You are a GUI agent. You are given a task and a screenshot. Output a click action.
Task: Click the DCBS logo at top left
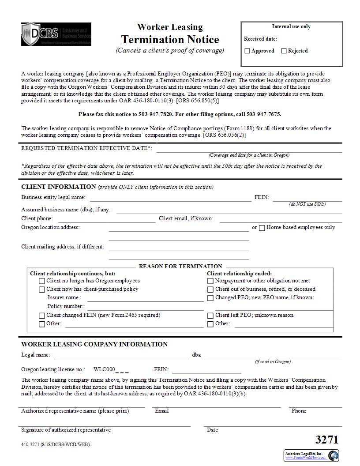click(x=56, y=34)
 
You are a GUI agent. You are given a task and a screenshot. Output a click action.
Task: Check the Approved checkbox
click(x=247, y=51)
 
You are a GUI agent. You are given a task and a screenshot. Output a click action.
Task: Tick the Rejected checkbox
click(x=284, y=51)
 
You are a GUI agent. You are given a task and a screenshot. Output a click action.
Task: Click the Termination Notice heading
click(x=170, y=40)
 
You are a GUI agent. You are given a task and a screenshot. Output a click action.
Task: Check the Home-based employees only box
click(x=262, y=228)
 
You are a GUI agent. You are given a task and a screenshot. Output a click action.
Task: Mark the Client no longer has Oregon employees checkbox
click(x=42, y=281)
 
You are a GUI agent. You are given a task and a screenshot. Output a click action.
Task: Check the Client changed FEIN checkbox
click(x=42, y=316)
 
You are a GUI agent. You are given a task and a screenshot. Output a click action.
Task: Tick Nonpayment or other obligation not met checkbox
click(x=210, y=281)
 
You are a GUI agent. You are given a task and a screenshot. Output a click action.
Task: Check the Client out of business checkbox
click(x=210, y=289)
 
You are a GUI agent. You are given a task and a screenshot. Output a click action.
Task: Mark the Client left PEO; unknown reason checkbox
click(x=210, y=316)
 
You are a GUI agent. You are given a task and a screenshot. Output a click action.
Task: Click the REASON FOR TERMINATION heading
click(x=180, y=266)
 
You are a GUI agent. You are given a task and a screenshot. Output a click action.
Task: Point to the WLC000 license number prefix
click(x=104, y=369)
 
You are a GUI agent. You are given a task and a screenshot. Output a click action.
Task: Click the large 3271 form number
click(x=327, y=440)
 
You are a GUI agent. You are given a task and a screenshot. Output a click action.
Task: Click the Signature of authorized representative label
click(x=66, y=430)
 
